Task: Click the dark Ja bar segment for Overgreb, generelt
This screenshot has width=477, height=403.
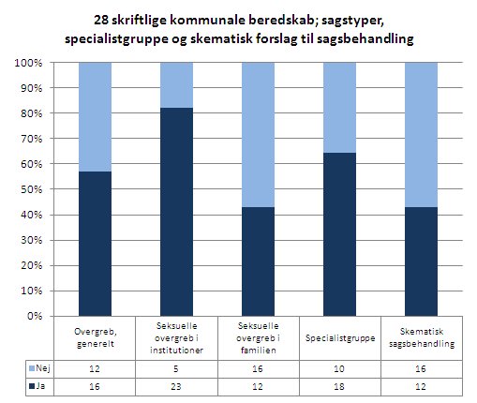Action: pos(95,244)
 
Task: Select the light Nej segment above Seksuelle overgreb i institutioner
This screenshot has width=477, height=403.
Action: pos(176,85)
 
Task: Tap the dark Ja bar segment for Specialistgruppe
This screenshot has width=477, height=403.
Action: pos(339,234)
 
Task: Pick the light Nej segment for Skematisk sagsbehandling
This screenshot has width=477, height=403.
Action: pos(421,135)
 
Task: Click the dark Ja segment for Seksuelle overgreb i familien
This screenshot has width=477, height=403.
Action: pos(258,261)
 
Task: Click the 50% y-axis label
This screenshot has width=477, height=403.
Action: pos(30,189)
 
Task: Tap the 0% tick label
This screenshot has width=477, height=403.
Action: pos(35,316)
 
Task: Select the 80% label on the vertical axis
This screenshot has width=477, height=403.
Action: pos(30,113)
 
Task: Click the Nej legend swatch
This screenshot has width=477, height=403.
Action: pos(32,368)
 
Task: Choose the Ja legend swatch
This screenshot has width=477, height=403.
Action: pos(32,386)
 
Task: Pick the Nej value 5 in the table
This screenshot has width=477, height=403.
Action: pos(176,369)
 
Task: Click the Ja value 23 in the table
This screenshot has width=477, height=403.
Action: pos(176,387)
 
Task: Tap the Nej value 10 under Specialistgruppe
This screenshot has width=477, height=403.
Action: pos(339,369)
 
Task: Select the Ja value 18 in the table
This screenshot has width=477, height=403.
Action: pos(339,387)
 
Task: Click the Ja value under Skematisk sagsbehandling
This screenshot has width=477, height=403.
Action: pos(421,387)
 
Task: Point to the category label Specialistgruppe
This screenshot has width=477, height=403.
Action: pos(340,338)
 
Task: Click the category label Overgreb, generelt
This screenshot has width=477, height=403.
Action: pos(95,337)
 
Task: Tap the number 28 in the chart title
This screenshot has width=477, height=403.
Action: pos(101,21)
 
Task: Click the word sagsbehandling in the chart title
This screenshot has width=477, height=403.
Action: pos(365,39)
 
